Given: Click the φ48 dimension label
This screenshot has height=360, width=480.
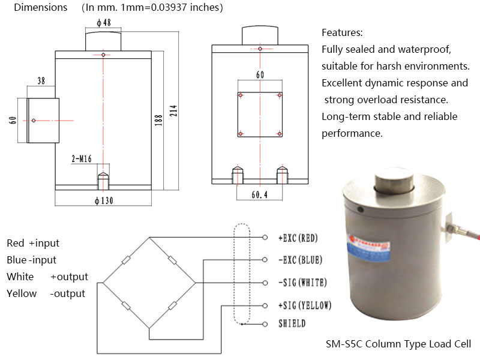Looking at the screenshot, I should [x=103, y=22].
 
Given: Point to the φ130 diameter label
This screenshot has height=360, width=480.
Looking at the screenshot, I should [x=103, y=200].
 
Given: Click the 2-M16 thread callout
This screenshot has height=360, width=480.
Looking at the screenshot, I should [x=82, y=160].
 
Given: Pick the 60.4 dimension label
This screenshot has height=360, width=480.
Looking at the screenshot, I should [x=260, y=195].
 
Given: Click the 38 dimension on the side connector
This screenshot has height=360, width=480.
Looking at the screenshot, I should [x=41, y=80].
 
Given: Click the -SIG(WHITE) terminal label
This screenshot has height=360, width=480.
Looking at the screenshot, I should [x=302, y=283].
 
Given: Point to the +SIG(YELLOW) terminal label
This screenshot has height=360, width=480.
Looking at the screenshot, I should [x=304, y=305].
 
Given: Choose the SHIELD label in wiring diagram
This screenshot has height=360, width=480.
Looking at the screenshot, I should [x=292, y=324].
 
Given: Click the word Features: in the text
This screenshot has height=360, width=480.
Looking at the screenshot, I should [x=342, y=32].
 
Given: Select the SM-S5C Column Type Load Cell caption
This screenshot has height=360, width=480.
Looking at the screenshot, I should [x=398, y=344].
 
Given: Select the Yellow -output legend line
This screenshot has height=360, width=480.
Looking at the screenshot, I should [x=46, y=293].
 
